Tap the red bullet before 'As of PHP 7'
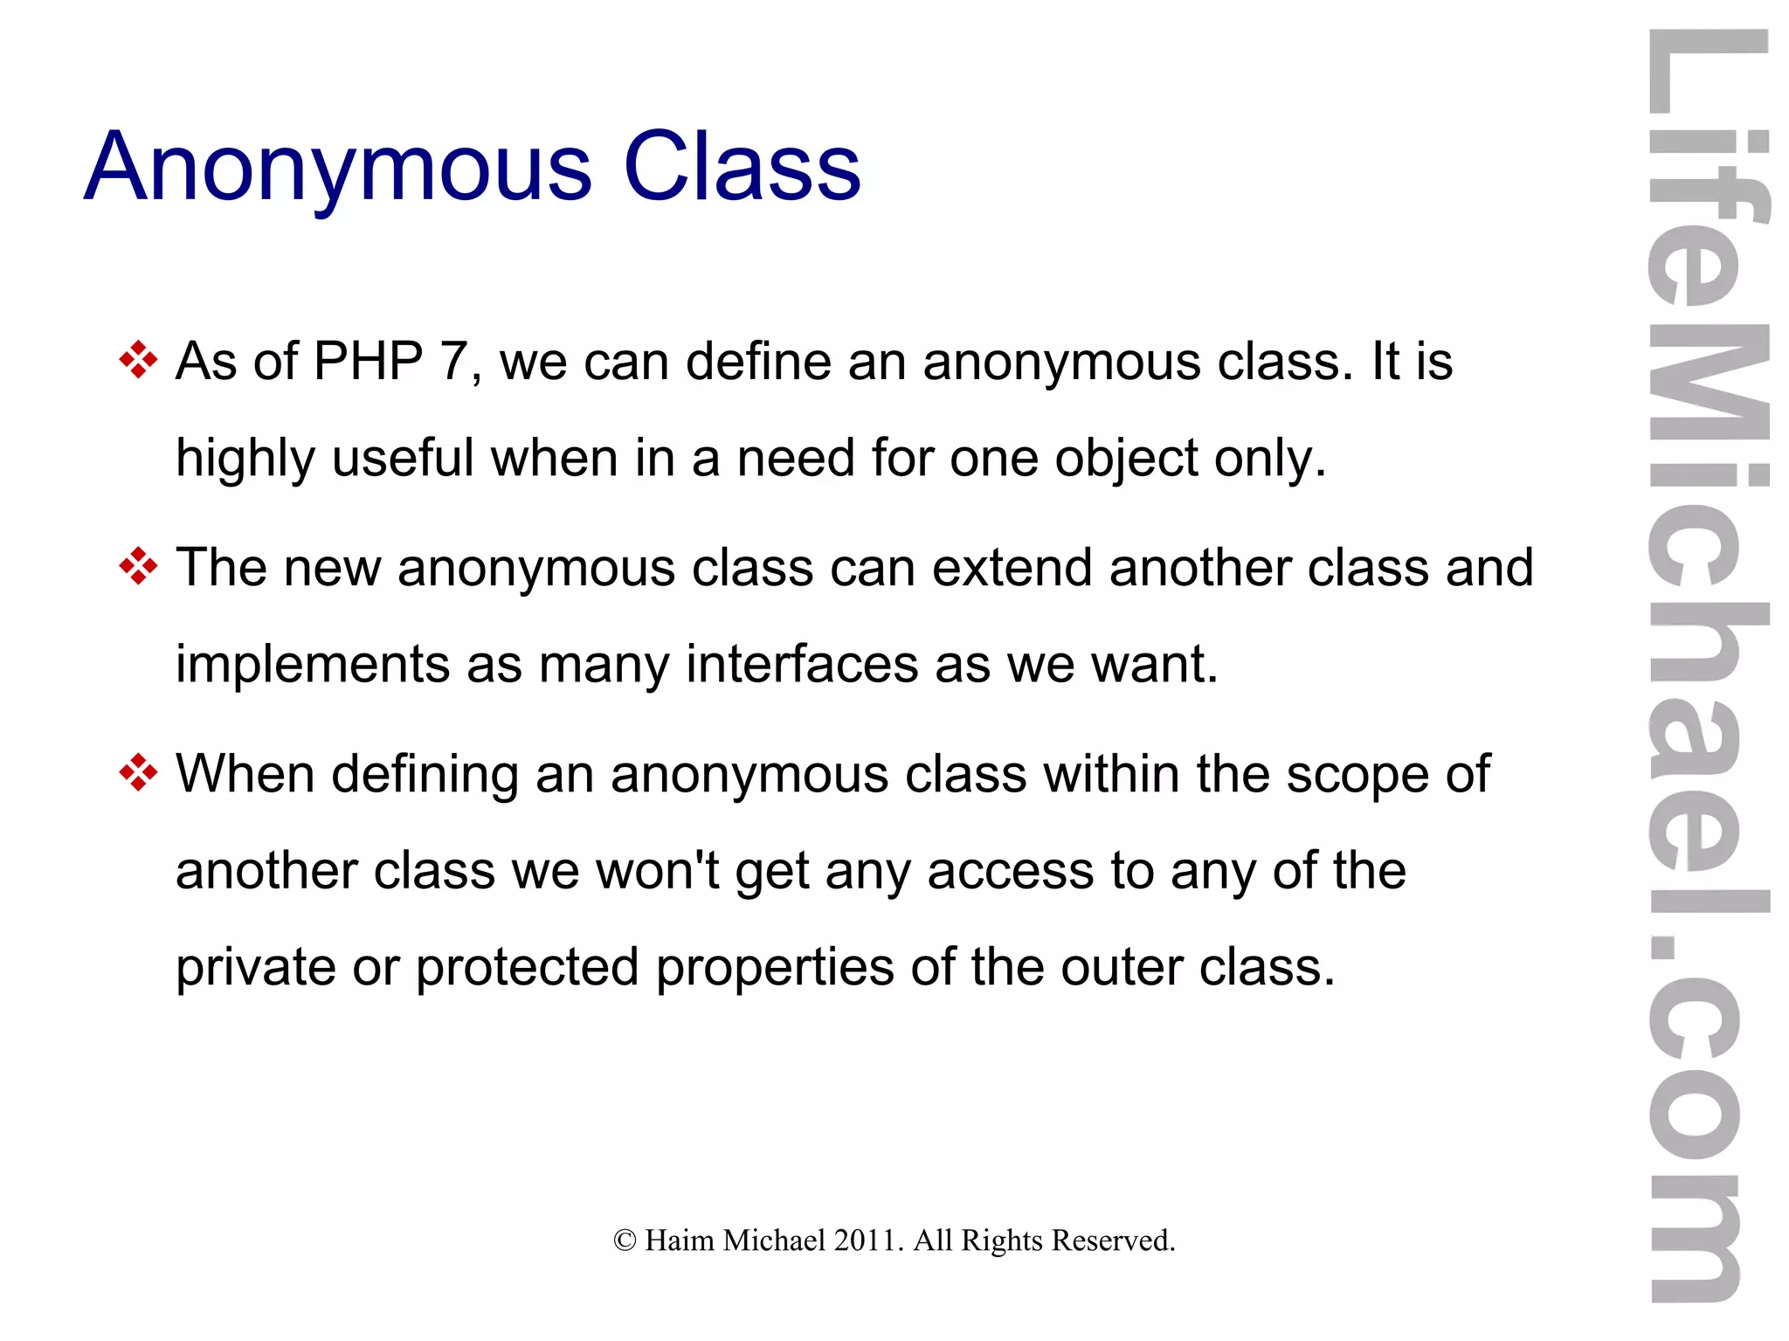coord(138,360)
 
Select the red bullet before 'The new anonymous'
coord(138,567)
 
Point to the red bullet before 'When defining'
coord(138,773)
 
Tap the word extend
coord(1012,567)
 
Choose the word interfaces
coord(802,664)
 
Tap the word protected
coord(527,968)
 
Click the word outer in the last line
coord(1121,968)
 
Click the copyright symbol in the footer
coord(625,1241)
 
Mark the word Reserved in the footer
coord(1113,1241)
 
